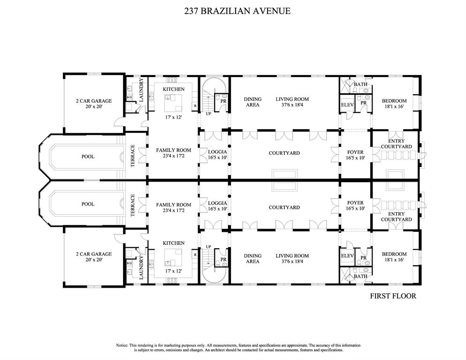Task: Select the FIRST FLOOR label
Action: tap(393, 296)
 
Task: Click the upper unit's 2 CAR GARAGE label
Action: tap(94, 101)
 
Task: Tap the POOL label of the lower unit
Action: tap(88, 204)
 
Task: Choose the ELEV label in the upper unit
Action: tap(347, 105)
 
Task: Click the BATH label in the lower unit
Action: tap(360, 276)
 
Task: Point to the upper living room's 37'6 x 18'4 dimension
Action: tap(292, 105)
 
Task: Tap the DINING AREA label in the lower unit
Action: tap(252, 259)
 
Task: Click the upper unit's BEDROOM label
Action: tap(394, 101)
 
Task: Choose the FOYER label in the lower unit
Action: tap(355, 203)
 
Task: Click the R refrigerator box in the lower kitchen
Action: tap(194, 254)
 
